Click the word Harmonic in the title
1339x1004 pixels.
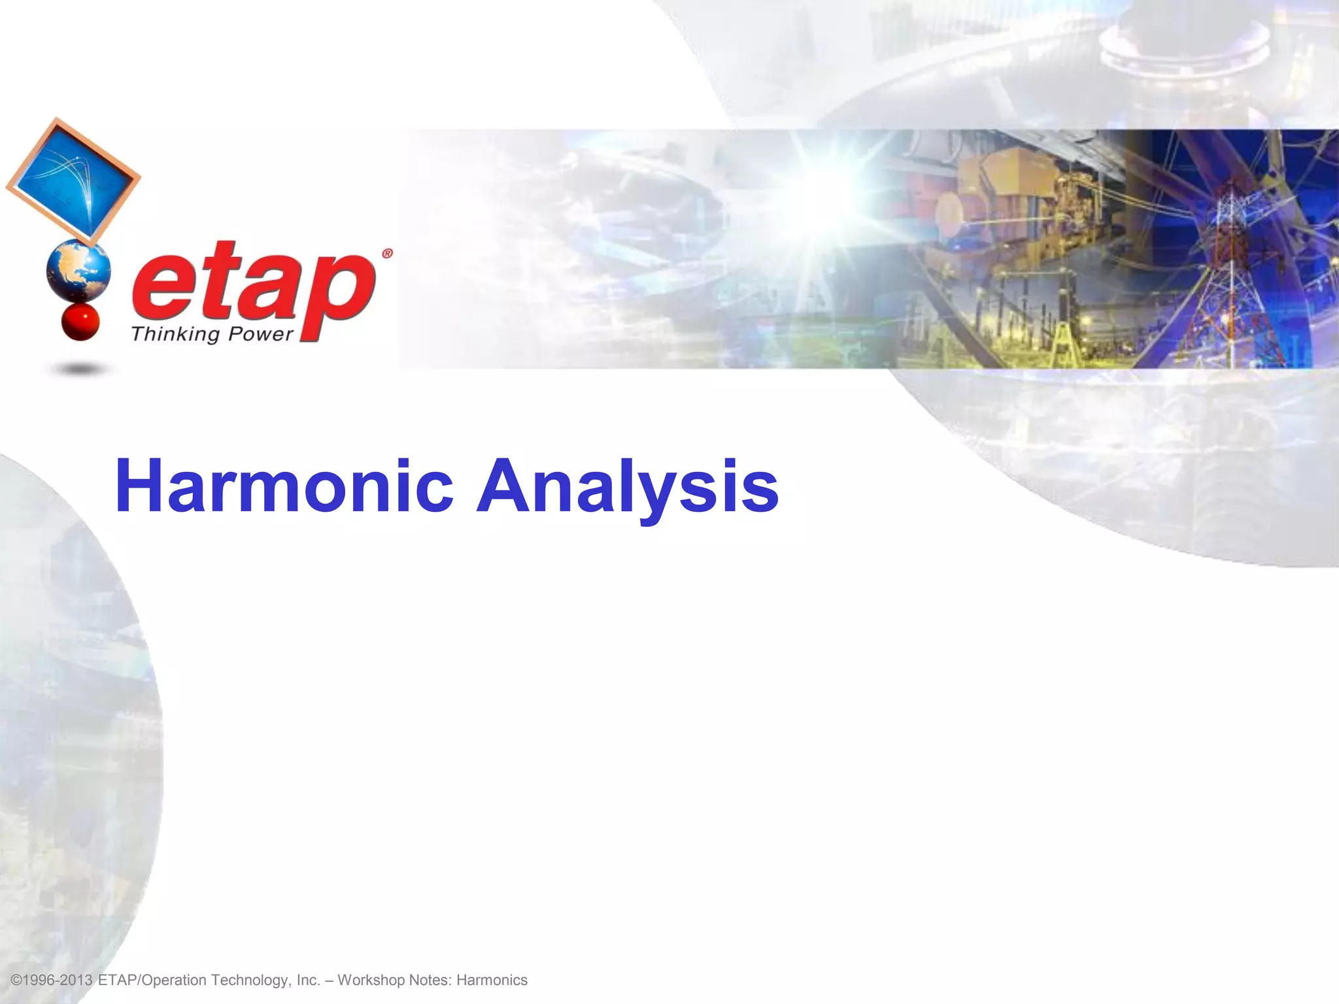(x=284, y=487)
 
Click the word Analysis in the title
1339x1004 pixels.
(x=627, y=487)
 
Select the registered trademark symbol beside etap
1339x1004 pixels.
(x=387, y=254)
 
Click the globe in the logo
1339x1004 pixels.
(x=79, y=270)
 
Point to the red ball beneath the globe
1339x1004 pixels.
(x=80, y=322)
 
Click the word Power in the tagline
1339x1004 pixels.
(x=260, y=335)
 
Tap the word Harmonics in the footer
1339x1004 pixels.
(x=492, y=980)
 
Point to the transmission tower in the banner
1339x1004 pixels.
(x=1229, y=275)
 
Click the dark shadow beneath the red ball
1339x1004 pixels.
(x=80, y=370)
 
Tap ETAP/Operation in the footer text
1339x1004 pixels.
(x=152, y=980)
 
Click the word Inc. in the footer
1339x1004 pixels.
(x=308, y=980)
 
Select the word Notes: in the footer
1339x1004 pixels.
(x=430, y=980)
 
